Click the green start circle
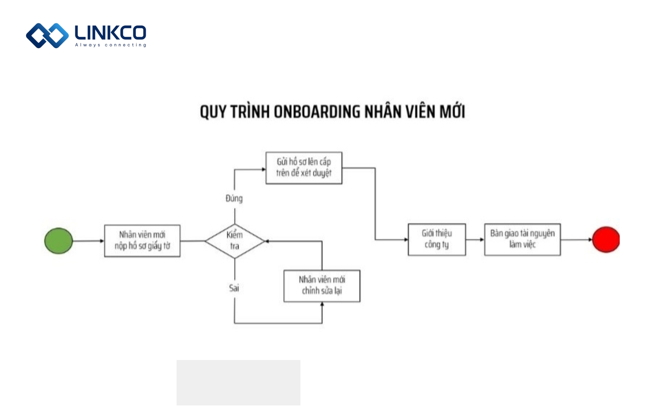click(x=59, y=241)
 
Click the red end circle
click(x=606, y=240)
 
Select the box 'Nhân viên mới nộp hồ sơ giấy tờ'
click(x=142, y=241)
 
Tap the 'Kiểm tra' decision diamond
click(x=235, y=241)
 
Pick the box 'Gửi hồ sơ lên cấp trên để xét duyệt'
click(x=304, y=168)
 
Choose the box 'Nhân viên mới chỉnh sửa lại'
click(x=322, y=286)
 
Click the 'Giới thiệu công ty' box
click(x=437, y=240)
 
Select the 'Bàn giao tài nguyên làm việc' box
click(x=522, y=240)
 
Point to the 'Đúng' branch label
click(x=234, y=199)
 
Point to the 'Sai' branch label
click(x=234, y=288)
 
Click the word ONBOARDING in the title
click(x=317, y=112)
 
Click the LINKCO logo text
click(x=110, y=33)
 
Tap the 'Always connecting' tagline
click(x=111, y=45)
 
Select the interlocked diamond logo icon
click(x=47, y=35)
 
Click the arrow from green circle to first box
click(x=88, y=241)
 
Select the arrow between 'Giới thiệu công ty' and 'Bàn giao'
click(x=475, y=240)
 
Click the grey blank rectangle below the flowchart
click(x=238, y=382)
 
